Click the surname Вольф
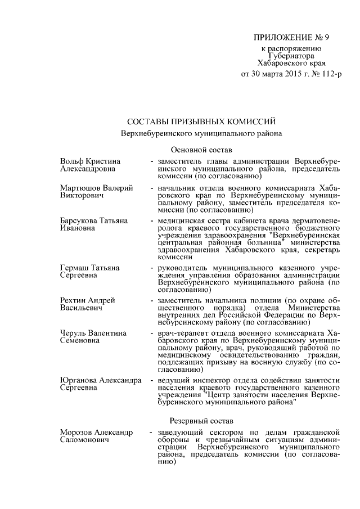coord(72,162)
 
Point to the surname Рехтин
coord(75,301)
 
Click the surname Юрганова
coord(79,381)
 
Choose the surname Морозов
coord(78,433)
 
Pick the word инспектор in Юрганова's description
coord(213,381)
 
